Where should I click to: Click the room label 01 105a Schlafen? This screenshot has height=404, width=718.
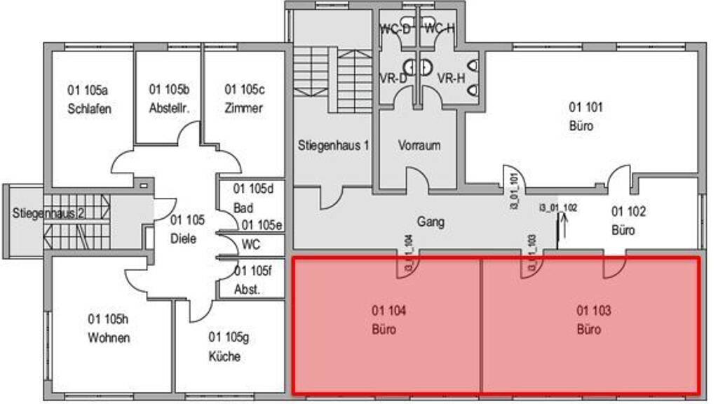click(x=89, y=99)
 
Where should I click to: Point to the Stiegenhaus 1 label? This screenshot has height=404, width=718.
click(x=333, y=146)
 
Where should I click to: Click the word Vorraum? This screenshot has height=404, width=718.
click(x=419, y=146)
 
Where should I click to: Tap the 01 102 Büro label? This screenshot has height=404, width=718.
click(x=628, y=220)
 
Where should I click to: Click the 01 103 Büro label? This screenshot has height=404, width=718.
click(x=589, y=320)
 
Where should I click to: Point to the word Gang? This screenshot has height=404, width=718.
click(x=431, y=222)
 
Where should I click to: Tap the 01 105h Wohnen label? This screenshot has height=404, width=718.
click(x=109, y=328)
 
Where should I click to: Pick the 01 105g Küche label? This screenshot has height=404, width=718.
click(x=224, y=346)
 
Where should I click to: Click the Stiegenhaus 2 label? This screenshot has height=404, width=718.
click(x=48, y=213)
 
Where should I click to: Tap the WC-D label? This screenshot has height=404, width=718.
click(x=394, y=29)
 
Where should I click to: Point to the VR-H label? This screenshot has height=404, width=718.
click(x=451, y=78)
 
